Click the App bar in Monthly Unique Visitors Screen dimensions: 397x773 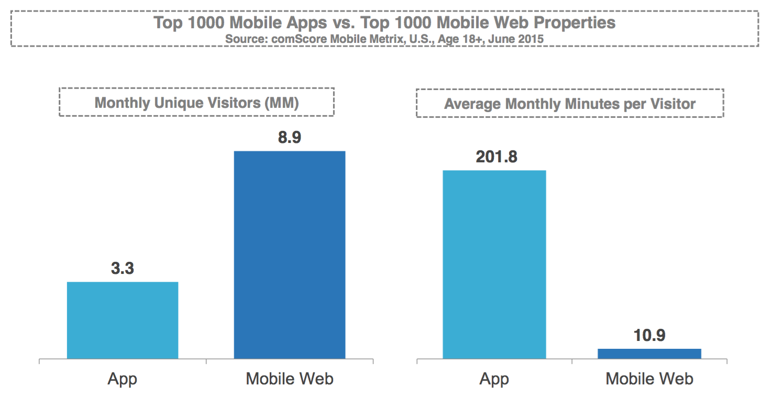pos(123,321)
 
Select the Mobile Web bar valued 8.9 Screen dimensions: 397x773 pos(290,255)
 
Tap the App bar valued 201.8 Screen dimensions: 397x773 pos(494,264)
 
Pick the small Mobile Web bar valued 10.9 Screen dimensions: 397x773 pos(649,354)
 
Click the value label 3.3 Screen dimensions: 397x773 pos(123,269)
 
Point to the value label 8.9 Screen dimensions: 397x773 pos(290,138)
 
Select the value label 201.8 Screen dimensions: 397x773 pos(496,157)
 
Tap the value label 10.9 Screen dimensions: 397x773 pos(649,336)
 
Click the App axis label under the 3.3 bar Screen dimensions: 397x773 pos(123,379)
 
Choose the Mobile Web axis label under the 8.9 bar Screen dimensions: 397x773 pos(290,379)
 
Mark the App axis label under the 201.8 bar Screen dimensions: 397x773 pos(494,379)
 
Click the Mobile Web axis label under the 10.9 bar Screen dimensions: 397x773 pos(649,379)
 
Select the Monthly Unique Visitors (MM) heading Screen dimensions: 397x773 pos(196,103)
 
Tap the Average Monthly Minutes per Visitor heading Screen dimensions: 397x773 pos(570,104)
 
